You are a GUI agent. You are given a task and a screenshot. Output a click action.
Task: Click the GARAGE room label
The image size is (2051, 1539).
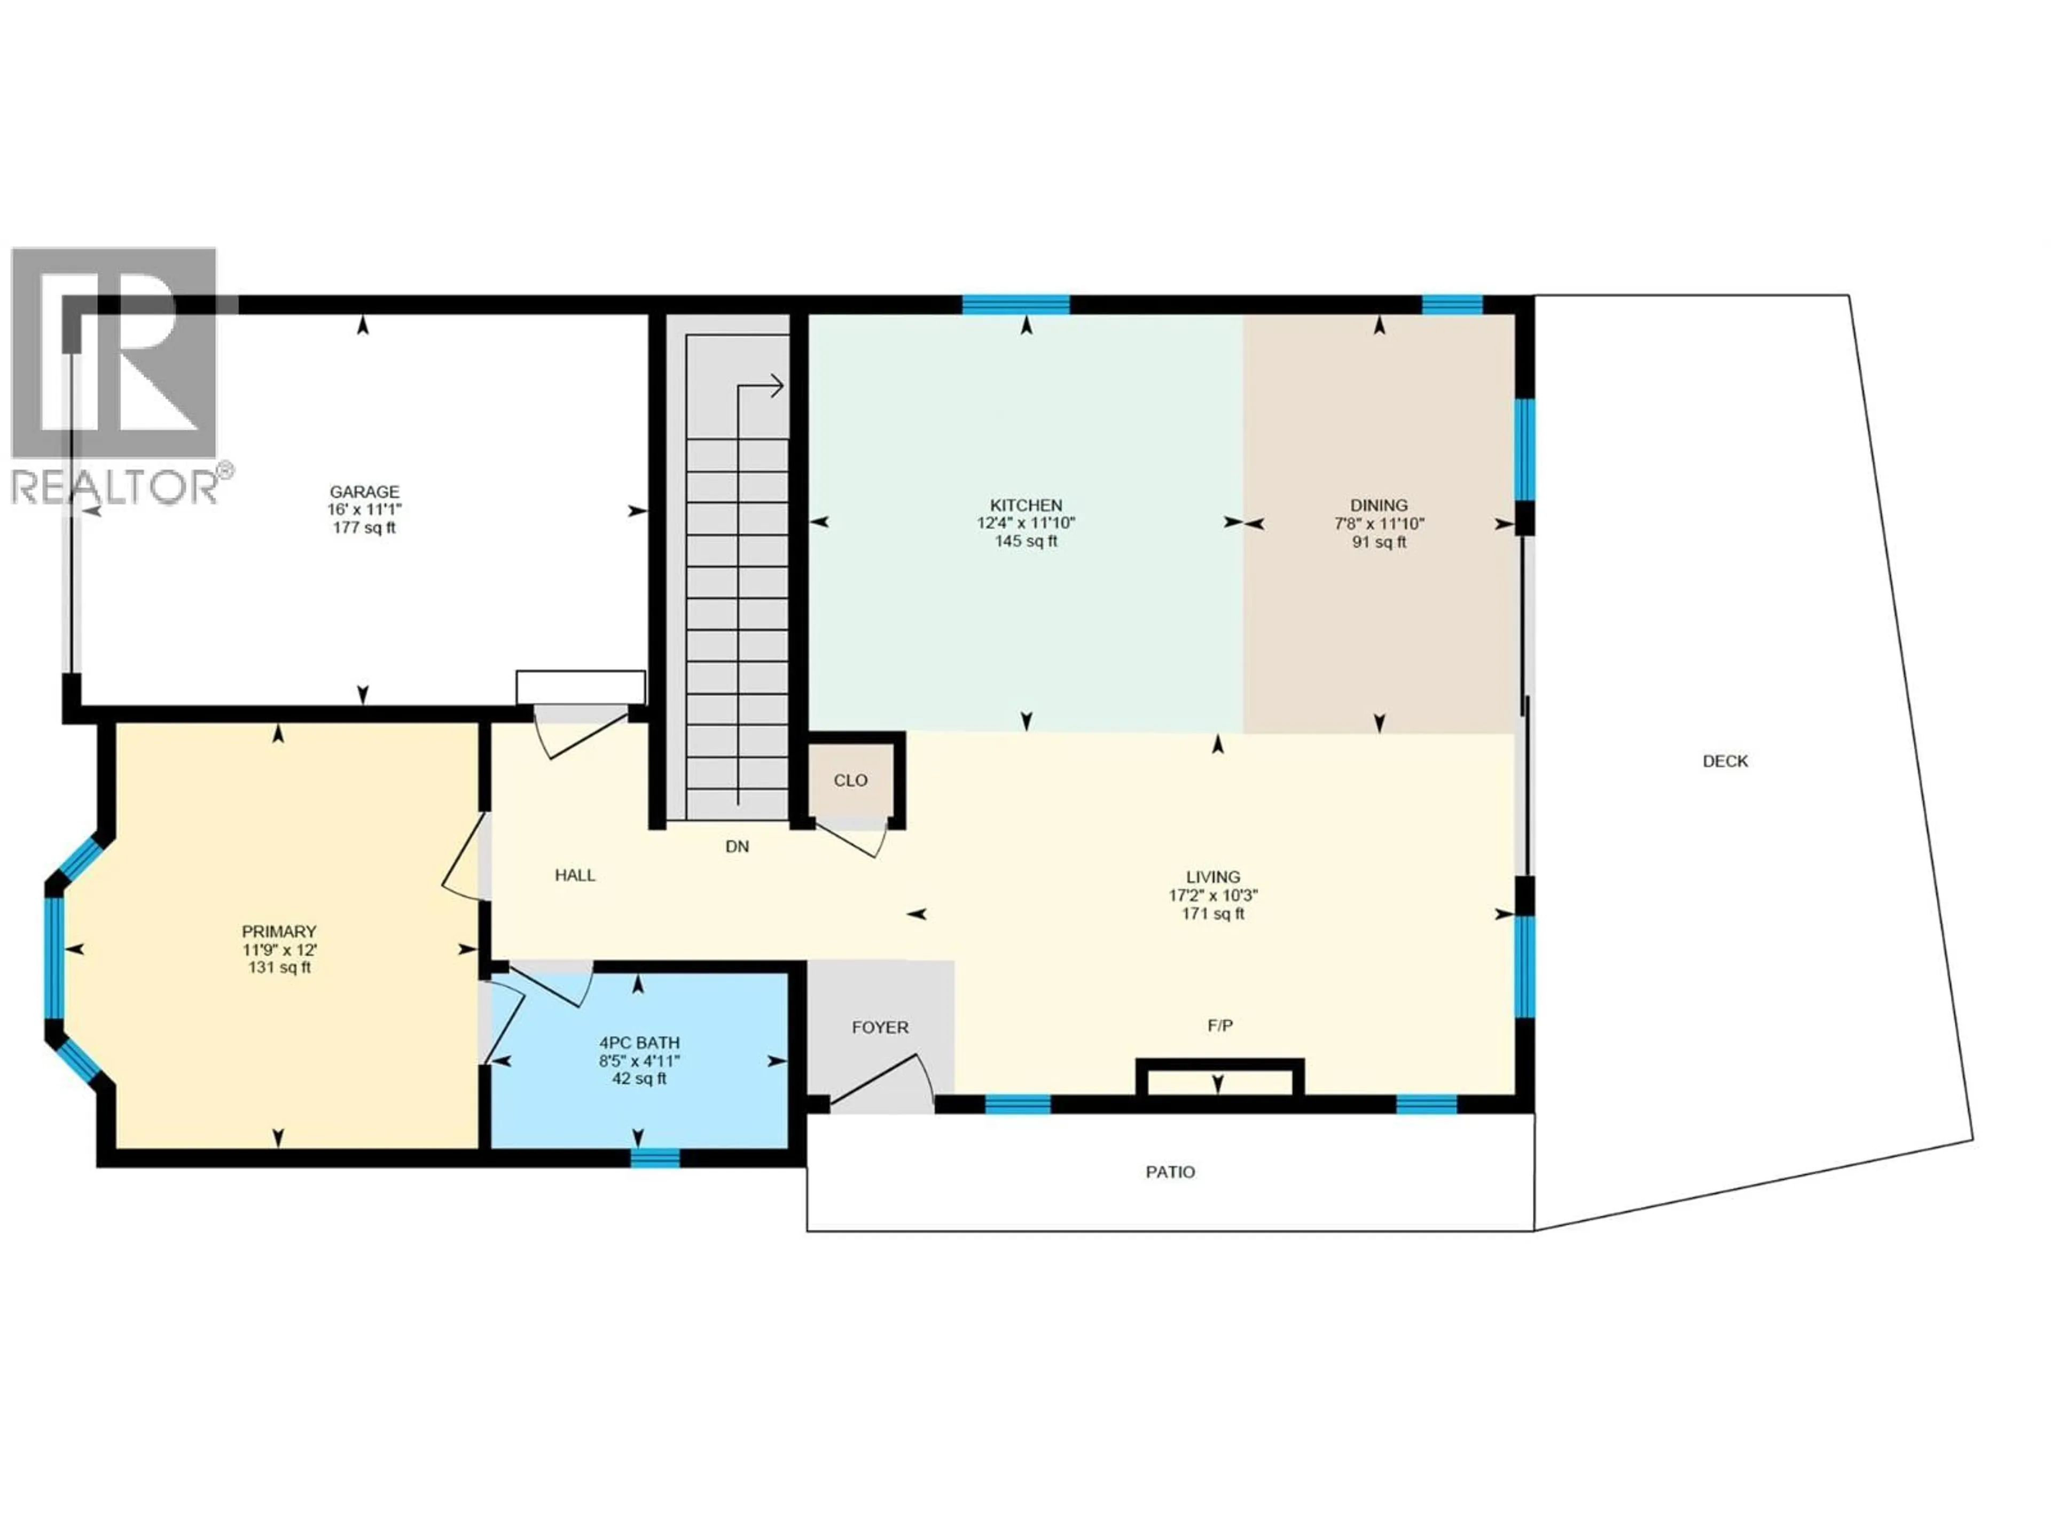click(x=364, y=492)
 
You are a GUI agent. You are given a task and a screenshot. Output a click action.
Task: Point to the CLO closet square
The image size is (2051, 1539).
click(x=850, y=780)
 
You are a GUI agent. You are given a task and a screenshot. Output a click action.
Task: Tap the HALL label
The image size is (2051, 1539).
click(x=575, y=875)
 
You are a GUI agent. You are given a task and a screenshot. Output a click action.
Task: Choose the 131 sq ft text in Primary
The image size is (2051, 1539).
click(x=279, y=968)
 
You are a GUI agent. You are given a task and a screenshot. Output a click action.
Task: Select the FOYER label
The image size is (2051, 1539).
click(x=880, y=1028)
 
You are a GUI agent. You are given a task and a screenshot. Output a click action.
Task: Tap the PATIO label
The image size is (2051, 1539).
click(x=1170, y=1172)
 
